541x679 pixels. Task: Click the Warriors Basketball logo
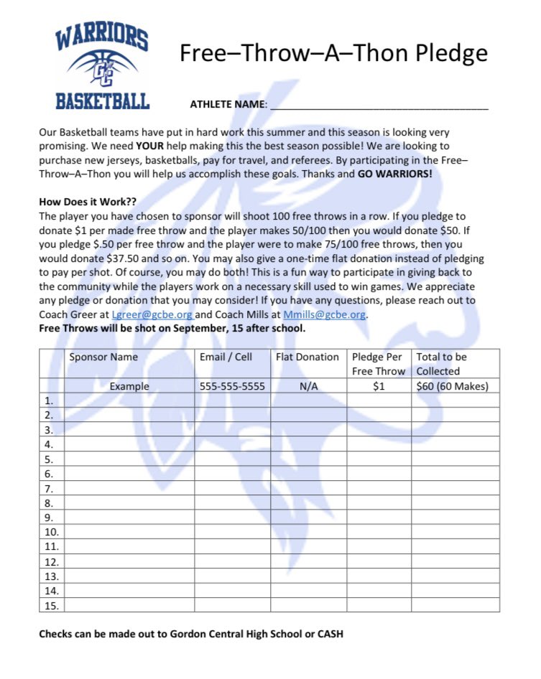point(103,67)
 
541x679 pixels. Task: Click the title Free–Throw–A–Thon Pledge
point(333,53)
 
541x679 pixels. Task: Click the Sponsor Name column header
point(103,357)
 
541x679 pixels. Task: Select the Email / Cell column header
point(226,357)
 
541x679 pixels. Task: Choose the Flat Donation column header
point(308,357)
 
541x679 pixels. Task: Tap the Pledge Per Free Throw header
point(379,364)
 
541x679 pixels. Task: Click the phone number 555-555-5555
point(232,386)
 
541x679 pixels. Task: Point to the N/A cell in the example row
point(308,386)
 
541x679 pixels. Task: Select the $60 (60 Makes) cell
point(452,386)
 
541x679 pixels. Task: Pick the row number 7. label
point(49,489)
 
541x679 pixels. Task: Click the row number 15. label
point(52,606)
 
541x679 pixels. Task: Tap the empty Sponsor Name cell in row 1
point(129,401)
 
